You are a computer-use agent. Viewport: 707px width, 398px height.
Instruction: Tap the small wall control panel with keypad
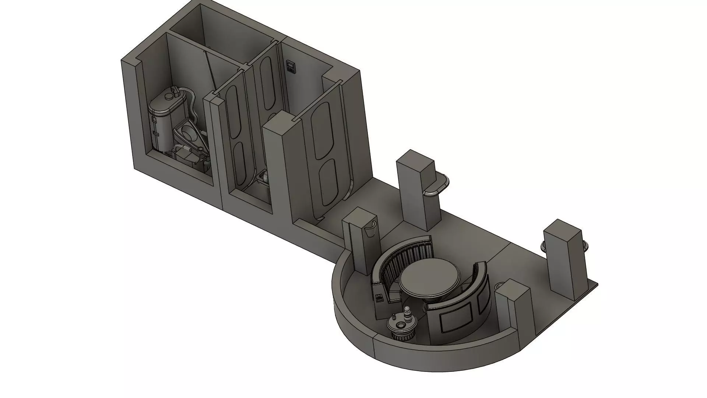[291, 67]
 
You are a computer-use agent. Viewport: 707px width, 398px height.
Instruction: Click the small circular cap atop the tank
[169, 97]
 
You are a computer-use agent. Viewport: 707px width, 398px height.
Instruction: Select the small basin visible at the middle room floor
[263, 177]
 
